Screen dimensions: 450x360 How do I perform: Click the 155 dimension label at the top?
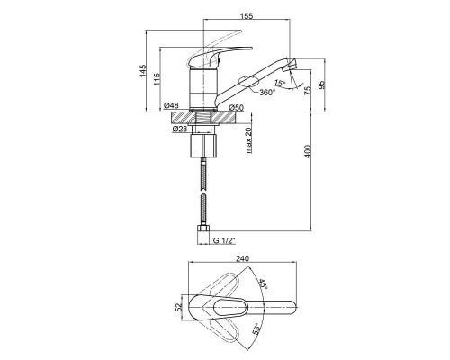pyautogui.click(x=247, y=16)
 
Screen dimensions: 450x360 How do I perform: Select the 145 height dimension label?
pyautogui.click(x=143, y=71)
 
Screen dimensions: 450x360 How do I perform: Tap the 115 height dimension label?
pyautogui.click(x=157, y=79)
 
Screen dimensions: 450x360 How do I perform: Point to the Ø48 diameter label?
pyautogui.click(x=172, y=105)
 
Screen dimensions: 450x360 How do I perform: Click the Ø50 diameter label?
pyautogui.click(x=237, y=107)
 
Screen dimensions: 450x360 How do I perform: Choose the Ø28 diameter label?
pyautogui.click(x=180, y=129)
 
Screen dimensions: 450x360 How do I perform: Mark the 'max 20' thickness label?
pyautogui.click(x=248, y=139)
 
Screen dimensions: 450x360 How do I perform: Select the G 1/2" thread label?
pyautogui.click(x=224, y=240)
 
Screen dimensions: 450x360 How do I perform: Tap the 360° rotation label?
pyautogui.click(x=267, y=92)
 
